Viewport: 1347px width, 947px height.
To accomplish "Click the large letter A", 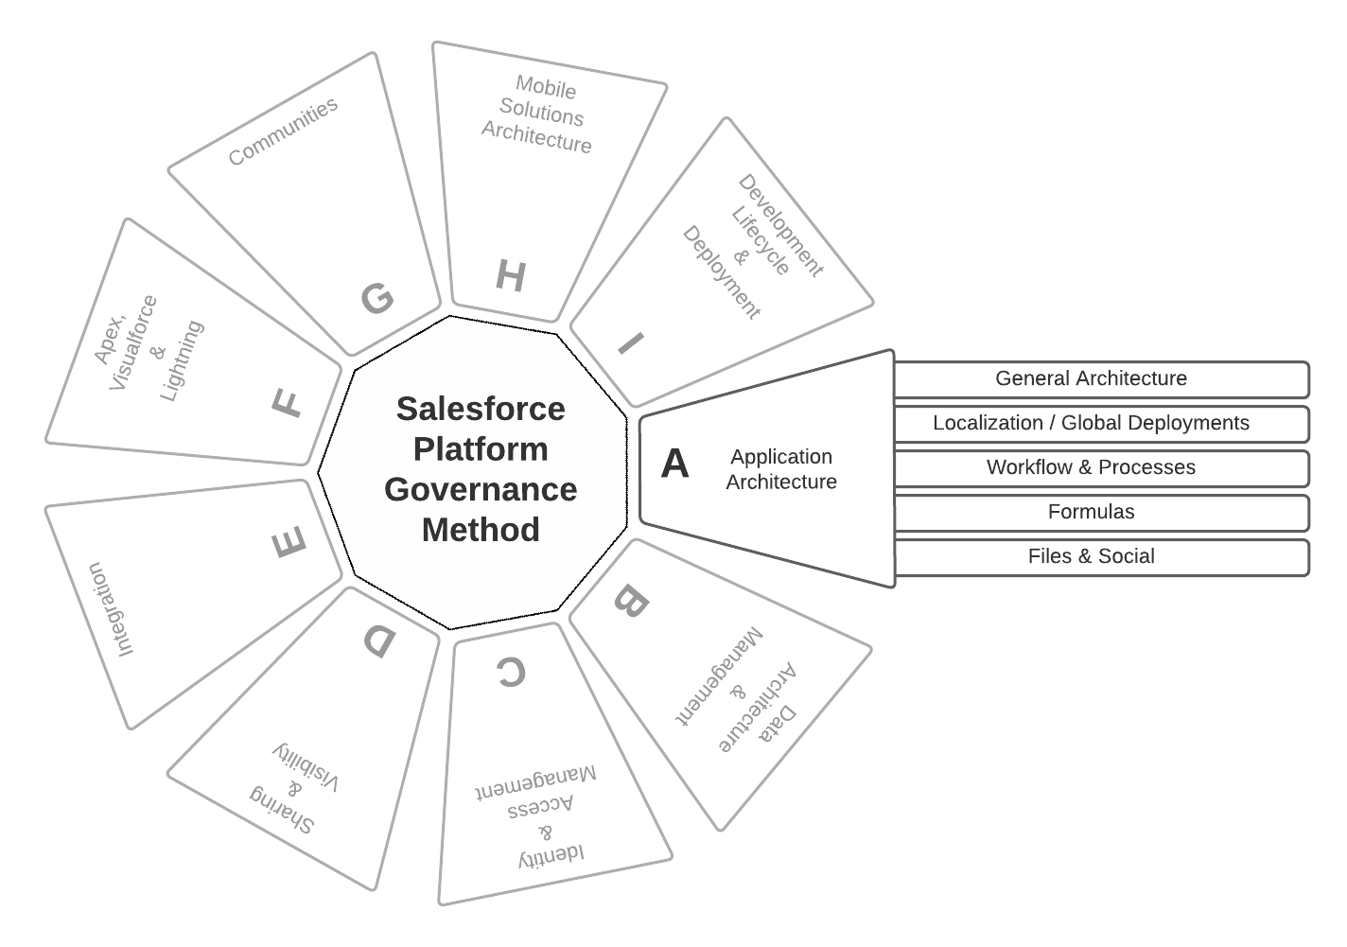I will tap(674, 464).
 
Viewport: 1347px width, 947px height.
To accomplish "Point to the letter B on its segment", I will tap(631, 602).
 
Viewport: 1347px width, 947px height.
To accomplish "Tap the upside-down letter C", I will tap(510, 673).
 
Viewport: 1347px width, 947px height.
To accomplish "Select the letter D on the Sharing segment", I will tap(379, 641).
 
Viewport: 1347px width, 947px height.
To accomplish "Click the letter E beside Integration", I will tap(289, 543).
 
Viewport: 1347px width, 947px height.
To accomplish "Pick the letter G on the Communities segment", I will tap(377, 299).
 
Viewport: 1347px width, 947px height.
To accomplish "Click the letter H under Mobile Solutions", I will tap(510, 277).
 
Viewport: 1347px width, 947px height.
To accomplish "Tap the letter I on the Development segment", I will tap(631, 342).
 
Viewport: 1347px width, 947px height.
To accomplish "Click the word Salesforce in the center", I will tap(481, 409).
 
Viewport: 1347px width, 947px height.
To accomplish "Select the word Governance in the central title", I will tap(481, 489).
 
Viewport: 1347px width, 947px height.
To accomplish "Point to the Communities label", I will tap(283, 132).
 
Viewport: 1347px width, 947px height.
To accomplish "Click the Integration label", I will tap(112, 609).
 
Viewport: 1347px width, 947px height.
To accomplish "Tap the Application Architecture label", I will tap(781, 469).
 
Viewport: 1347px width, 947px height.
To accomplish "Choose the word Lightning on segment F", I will tap(182, 360).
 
